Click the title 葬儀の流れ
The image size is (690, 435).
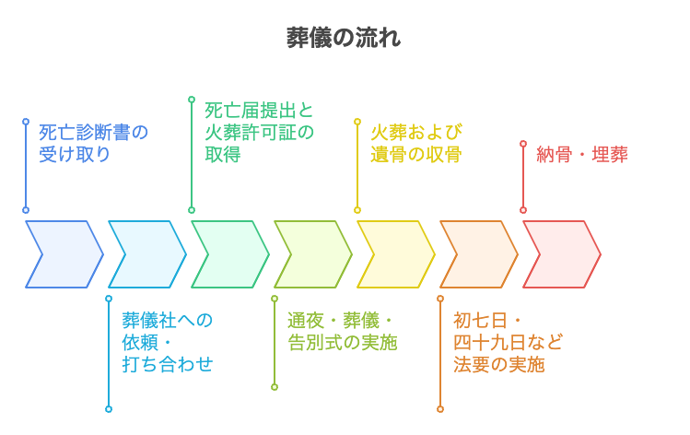(344, 38)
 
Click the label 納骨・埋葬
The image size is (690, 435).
(582, 155)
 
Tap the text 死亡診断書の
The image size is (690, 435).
(93, 133)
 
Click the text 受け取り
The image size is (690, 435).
(75, 155)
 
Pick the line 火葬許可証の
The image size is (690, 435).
(259, 133)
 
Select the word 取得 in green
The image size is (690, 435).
(223, 155)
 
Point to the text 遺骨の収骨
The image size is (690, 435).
(415, 155)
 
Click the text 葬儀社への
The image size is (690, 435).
(167, 321)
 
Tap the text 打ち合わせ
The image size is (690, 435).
(167, 364)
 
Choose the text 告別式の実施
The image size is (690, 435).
(342, 343)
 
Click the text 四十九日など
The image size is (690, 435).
(508, 343)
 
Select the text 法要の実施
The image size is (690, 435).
(498, 364)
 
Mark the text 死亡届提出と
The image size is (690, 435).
(259, 111)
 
